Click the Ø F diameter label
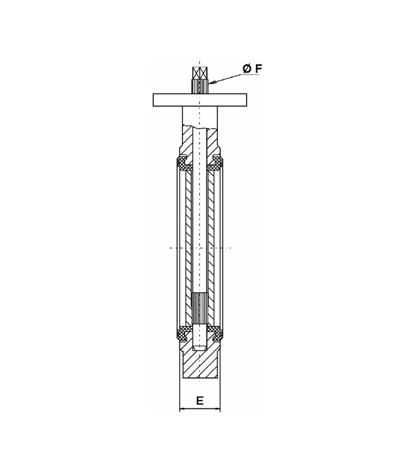253,69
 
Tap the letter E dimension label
200,401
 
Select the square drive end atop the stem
200,72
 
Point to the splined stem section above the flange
200,86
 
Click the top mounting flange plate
200,100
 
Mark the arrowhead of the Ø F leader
210,82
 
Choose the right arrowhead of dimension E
218,409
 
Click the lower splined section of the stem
200,309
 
